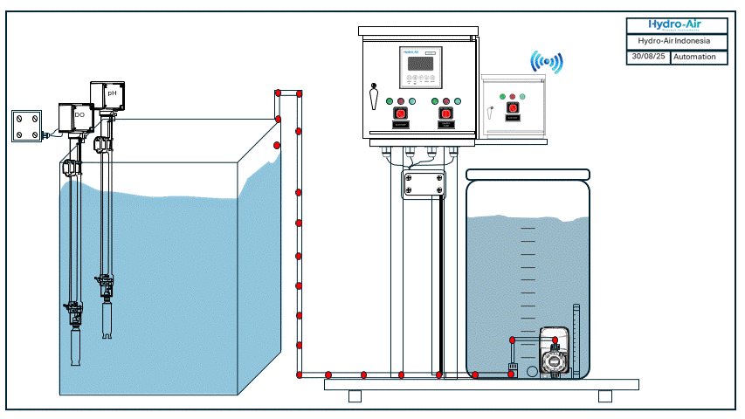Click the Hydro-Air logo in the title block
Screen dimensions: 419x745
[x=675, y=25]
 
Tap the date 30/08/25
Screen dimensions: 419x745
[x=647, y=57]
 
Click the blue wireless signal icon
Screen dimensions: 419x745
[x=548, y=61]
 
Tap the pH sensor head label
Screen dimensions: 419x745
[x=111, y=92]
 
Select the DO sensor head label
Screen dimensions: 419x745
[x=79, y=114]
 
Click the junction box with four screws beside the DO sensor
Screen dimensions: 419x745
[x=27, y=126]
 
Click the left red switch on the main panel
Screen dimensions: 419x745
[x=401, y=113]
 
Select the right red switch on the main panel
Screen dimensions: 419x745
[x=445, y=113]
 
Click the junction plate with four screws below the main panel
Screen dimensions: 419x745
[x=423, y=184]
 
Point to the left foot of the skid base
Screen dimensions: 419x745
[x=355, y=395]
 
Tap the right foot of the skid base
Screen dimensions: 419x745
[x=604, y=395]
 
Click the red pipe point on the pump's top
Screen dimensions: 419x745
[x=512, y=338]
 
